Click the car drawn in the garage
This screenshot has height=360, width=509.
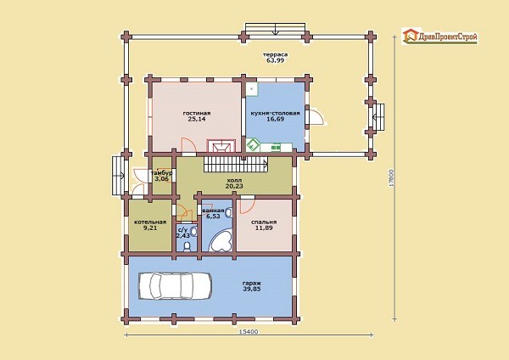[x=176, y=285]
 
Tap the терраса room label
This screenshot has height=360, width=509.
[x=275, y=54]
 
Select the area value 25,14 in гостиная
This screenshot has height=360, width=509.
[x=197, y=119]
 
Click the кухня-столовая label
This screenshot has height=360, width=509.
[x=275, y=114]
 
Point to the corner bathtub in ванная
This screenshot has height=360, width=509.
[x=221, y=239]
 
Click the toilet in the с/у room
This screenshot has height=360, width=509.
[x=187, y=247]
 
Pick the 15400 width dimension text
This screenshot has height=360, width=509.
[x=249, y=332]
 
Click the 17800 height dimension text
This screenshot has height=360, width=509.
[x=391, y=178]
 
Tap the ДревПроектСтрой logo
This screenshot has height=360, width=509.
[x=439, y=36]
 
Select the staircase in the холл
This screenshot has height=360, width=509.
[x=237, y=164]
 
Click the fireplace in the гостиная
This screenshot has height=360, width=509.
[x=221, y=145]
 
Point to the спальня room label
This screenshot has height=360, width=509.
[x=264, y=222]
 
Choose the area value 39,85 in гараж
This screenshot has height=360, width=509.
[x=252, y=289]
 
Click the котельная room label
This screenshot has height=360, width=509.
[x=150, y=222]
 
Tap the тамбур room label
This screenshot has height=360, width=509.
[x=161, y=173]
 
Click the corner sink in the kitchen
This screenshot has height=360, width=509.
[x=253, y=145]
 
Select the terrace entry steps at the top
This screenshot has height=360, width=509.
[x=275, y=29]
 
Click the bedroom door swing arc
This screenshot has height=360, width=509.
[x=248, y=206]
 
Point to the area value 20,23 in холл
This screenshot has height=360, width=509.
[x=234, y=186]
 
